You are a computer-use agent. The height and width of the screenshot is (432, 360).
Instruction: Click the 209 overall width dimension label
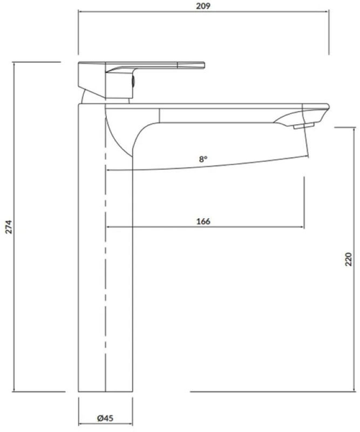coord(203,6)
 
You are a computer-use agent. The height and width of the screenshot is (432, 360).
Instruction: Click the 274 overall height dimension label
coord(9,227)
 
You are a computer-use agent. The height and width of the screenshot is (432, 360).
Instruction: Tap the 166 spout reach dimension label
coord(203,221)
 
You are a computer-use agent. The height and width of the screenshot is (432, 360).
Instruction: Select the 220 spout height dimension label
coord(349,259)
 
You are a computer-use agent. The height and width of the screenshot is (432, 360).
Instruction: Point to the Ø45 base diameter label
coord(105,418)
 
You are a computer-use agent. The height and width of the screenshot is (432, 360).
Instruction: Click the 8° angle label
coord(203,159)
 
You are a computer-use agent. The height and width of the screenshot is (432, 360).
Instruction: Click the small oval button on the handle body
coord(133,82)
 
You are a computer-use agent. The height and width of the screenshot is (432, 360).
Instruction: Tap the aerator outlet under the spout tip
coord(303,126)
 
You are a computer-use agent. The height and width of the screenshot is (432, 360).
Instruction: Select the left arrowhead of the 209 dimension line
coord(80,11)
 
